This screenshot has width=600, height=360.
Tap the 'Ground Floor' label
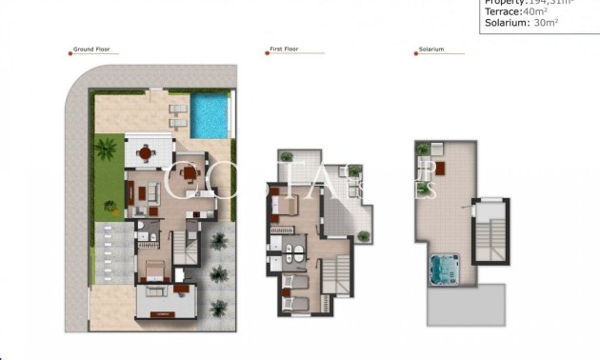pyautogui.click(x=95, y=50)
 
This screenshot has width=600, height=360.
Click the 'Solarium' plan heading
pyautogui.click(x=430, y=50)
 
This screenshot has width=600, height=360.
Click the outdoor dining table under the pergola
pyautogui.click(x=146, y=151)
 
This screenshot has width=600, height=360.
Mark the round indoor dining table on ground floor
pyautogui.click(x=190, y=172)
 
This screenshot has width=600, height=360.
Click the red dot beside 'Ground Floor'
pyautogui.click(x=73, y=50)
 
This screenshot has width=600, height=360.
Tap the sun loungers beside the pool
pyautogui.click(x=177, y=114)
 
